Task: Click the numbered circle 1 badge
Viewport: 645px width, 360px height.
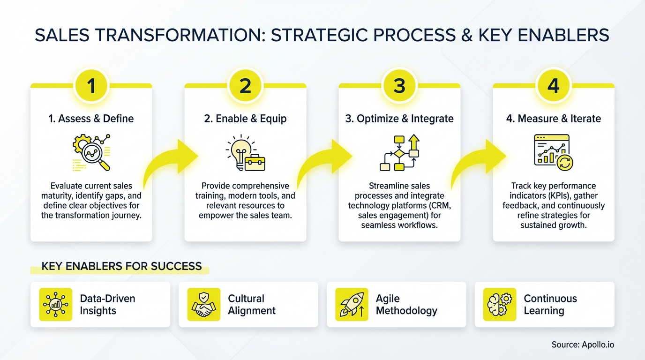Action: pos(91,85)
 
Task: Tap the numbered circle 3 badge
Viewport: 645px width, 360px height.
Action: pos(399,85)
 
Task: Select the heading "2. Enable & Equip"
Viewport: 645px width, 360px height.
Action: pos(245,119)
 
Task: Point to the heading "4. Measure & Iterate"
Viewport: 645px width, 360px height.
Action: pos(553,119)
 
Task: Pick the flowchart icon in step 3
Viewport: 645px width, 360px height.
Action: pos(399,153)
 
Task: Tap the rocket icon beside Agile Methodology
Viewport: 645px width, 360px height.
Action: pos(352,305)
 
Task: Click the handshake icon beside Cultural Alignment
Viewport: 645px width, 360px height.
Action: pos(203,305)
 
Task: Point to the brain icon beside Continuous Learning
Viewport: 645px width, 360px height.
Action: pos(500,305)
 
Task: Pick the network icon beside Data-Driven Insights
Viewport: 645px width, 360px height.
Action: pos(56,305)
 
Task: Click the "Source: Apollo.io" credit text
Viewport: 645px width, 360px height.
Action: pos(583,345)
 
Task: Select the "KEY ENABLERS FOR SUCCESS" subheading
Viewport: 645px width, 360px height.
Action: pos(121,267)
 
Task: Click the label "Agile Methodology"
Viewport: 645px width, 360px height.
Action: pos(406,305)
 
